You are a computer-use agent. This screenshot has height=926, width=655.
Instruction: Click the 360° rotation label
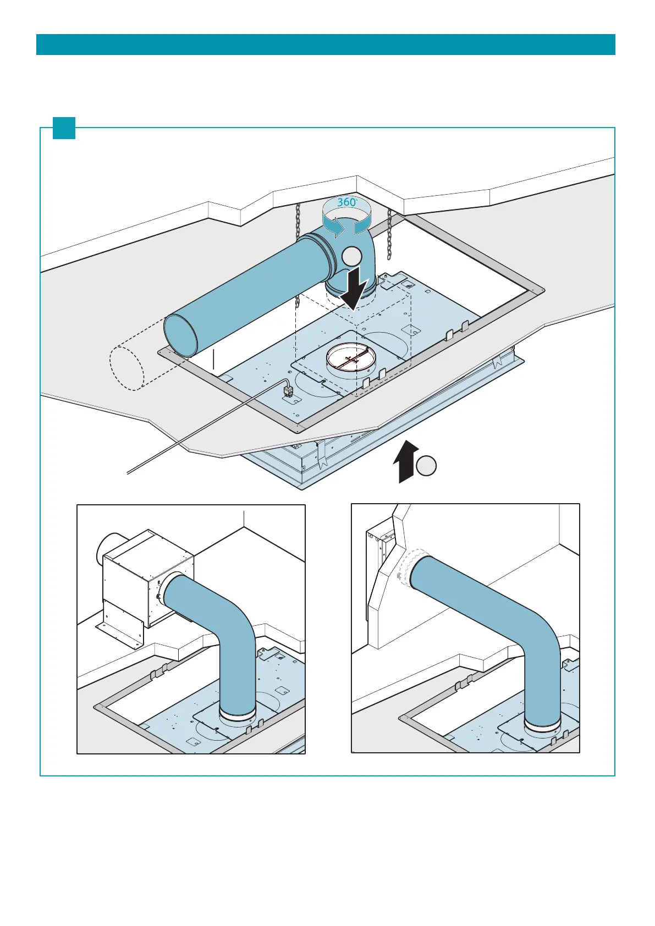[346, 202]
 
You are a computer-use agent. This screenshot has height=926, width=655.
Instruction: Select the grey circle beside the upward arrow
[426, 466]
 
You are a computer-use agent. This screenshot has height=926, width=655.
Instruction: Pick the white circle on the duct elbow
[351, 257]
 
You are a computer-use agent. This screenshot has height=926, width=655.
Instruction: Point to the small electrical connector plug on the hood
[288, 392]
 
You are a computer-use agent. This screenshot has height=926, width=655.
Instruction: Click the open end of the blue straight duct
[181, 336]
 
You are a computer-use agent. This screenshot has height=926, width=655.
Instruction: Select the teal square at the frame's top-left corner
[64, 128]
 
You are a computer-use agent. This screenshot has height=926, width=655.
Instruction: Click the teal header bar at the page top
[326, 45]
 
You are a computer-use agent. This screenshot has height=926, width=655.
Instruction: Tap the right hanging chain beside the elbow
[389, 234]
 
